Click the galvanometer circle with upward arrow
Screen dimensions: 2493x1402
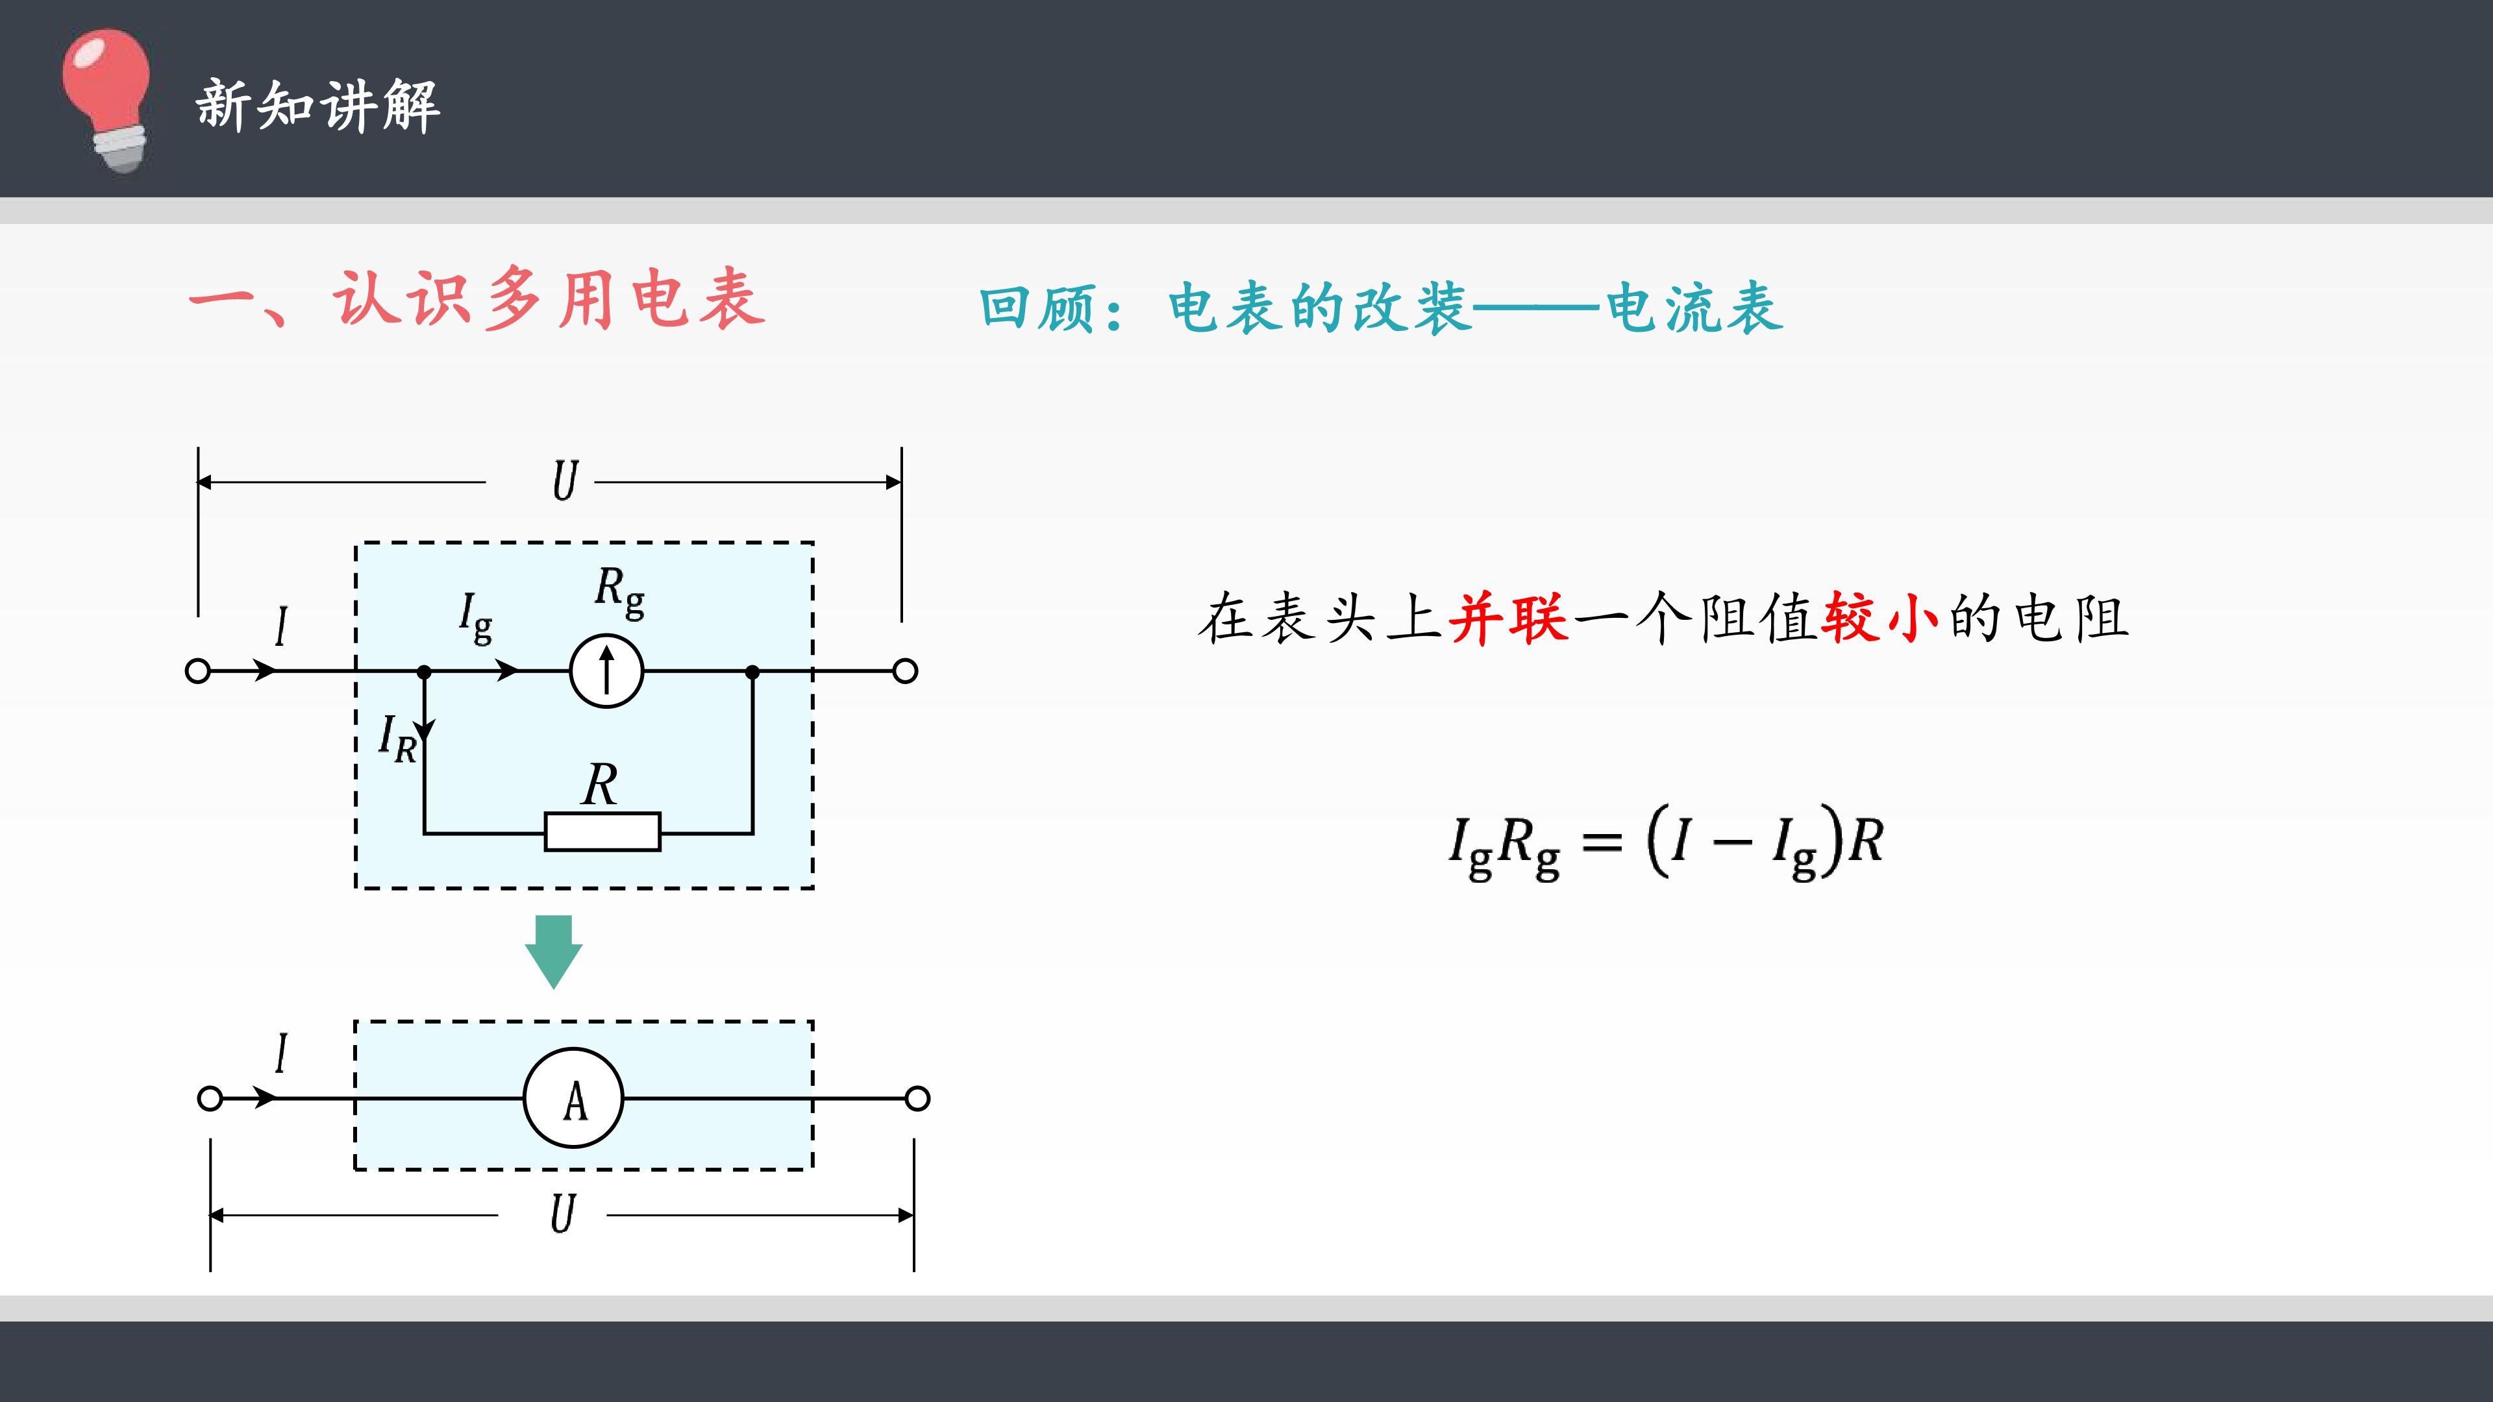tap(607, 670)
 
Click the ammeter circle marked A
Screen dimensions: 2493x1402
tap(574, 1098)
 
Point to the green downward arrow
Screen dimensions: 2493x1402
tap(554, 951)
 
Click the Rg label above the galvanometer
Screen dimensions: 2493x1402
tap(619, 592)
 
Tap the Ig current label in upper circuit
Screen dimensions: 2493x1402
tap(475, 617)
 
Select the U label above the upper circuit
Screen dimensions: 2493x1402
tap(565, 481)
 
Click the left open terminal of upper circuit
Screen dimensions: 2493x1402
tap(197, 670)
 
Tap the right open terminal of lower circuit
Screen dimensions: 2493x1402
tap(917, 1098)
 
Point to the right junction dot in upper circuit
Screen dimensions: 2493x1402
tap(753, 670)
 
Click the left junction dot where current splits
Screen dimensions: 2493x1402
tap(424, 670)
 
